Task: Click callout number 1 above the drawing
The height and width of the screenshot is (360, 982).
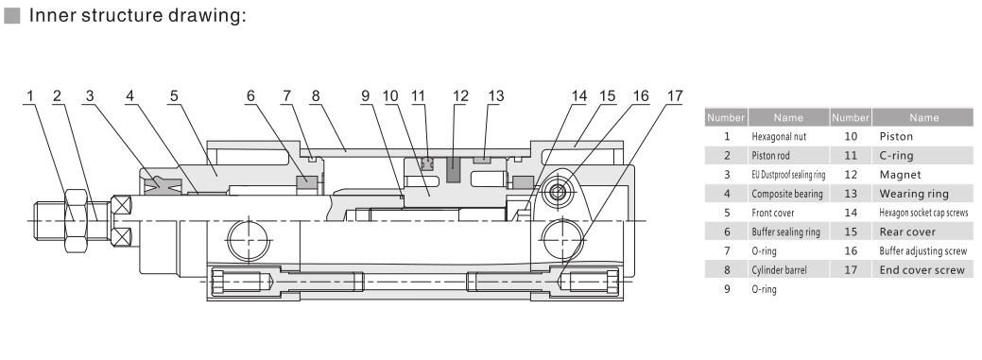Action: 29,95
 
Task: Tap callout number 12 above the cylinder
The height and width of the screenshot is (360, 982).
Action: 460,95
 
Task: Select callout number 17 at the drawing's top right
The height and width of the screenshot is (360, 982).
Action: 674,95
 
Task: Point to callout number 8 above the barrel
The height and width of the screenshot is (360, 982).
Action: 315,95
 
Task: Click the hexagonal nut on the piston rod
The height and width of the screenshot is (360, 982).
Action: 76,221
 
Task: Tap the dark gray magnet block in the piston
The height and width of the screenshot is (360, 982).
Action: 453,170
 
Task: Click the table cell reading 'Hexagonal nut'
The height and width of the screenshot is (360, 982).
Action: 779,136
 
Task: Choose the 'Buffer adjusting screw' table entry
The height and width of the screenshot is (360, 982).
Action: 922,251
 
